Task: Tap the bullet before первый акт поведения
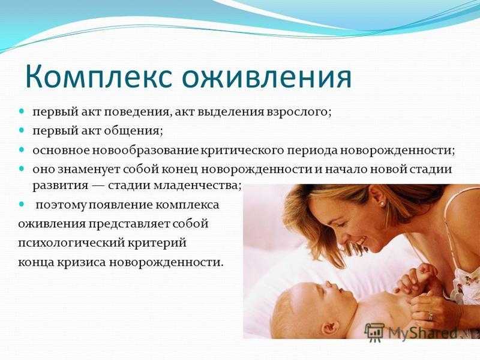pyautogui.click(x=21, y=110)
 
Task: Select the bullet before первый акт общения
pyautogui.click(x=21, y=130)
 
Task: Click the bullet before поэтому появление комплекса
pyautogui.click(x=21, y=203)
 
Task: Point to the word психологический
pyautogui.click(x=70, y=244)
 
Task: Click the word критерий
pyautogui.click(x=157, y=244)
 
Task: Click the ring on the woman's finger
pyautogui.click(x=431, y=316)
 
